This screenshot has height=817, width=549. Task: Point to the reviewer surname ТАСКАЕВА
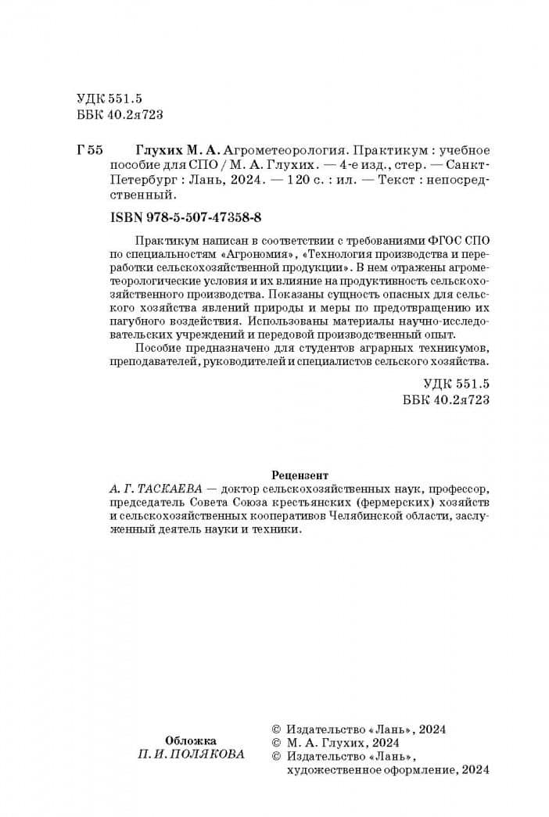coord(170,489)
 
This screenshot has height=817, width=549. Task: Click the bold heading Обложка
coord(192,740)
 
